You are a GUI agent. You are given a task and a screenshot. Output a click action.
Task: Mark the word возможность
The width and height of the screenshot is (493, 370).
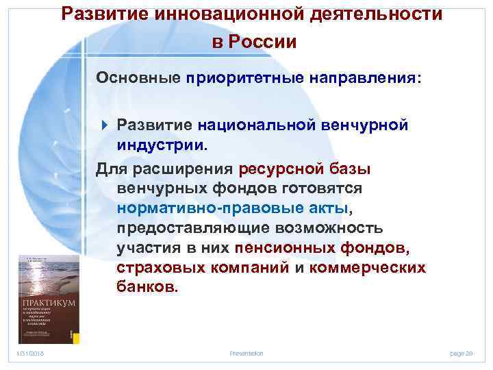coord(335,227)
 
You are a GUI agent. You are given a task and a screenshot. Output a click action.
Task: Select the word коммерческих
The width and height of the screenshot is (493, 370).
coord(367,267)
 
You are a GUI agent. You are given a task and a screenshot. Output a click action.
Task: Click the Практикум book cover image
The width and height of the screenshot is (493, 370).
coord(48,299)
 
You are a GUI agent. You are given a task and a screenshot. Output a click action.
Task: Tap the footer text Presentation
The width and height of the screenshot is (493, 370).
coord(246,353)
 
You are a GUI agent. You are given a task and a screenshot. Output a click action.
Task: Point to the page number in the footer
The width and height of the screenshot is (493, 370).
coord(461,353)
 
